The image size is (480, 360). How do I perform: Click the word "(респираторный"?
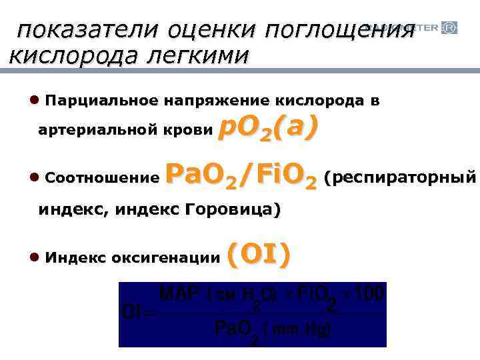400,178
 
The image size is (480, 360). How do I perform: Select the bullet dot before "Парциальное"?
34,101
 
